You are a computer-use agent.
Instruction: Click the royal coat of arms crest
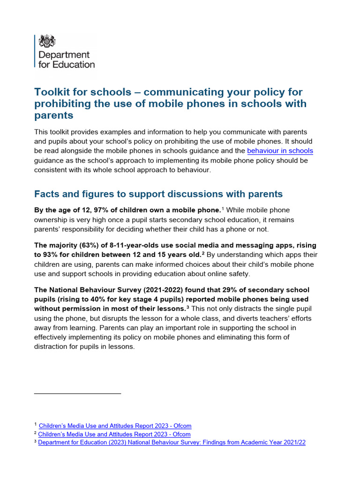47,41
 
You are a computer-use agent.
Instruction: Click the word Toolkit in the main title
51,92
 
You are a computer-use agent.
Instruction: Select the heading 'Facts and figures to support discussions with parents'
158,194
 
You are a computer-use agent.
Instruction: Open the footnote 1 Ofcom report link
115,426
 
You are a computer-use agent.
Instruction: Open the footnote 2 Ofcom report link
115,434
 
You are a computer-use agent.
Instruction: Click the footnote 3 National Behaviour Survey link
172,442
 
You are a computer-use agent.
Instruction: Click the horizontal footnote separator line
77,393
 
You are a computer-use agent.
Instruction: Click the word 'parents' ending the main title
54,115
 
